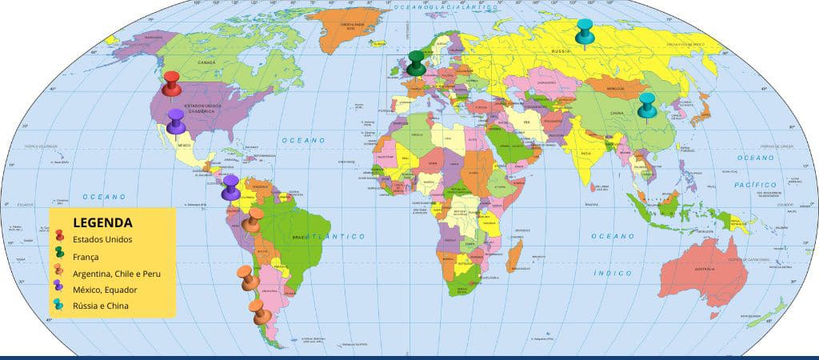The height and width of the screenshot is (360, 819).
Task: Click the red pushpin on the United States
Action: coord(171,84)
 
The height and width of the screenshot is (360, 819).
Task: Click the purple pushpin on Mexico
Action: coord(176,122)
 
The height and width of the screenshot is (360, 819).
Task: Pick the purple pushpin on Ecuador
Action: coord(230,187)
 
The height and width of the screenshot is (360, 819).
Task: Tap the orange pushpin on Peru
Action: coord(254,222)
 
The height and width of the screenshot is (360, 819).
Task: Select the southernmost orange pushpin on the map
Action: coord(258,311)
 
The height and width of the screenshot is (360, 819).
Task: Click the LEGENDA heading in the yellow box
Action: coord(102,222)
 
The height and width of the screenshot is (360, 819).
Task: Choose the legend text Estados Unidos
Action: coord(102,239)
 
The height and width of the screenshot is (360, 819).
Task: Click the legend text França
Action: coord(86,257)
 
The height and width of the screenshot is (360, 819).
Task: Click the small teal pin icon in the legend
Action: coord(60,305)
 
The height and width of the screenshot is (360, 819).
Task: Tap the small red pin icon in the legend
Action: coord(60,238)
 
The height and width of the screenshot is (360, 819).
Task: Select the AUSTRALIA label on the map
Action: coord(705,269)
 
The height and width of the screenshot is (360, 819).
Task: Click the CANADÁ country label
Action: coord(206,62)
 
